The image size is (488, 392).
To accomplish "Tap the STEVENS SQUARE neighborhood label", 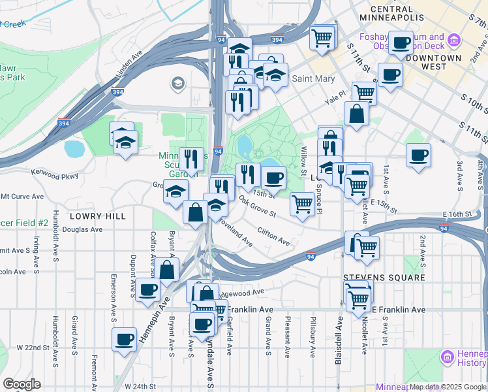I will [384, 278].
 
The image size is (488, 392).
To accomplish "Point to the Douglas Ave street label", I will [87, 229].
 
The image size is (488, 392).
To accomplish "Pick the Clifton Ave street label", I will [273, 236].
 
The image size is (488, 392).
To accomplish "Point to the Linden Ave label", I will [129, 68].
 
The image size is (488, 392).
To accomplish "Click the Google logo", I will [22, 384].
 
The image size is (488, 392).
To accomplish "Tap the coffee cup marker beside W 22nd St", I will [124, 339].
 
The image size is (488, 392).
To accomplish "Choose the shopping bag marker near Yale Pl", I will [358, 114].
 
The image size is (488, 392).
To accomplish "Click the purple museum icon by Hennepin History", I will [447, 357].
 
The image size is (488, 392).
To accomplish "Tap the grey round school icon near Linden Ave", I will [177, 83].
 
